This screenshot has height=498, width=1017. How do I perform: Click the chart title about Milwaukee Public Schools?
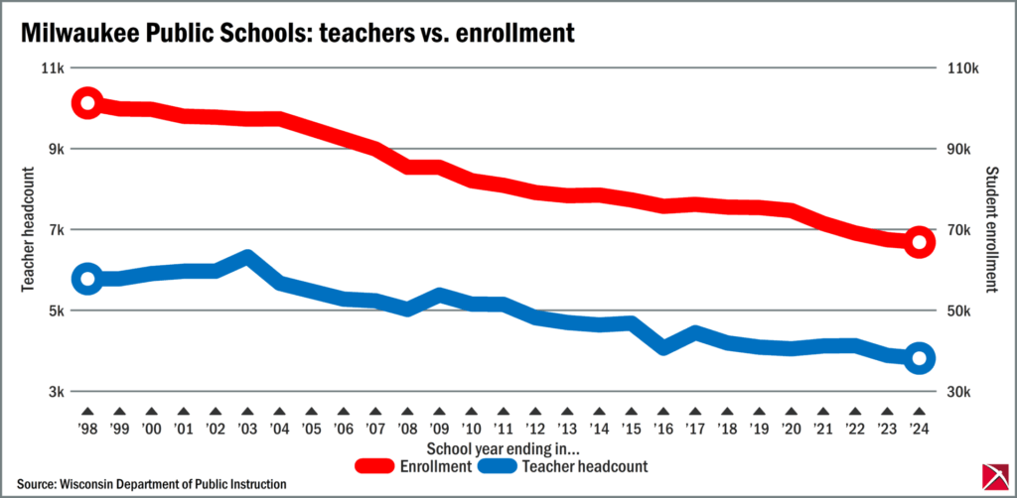coord(298,33)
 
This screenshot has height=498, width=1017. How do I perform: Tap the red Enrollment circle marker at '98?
coord(86,103)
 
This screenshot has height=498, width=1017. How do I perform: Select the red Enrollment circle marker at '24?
coord(919,242)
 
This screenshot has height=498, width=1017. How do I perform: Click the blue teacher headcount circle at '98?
coord(86,278)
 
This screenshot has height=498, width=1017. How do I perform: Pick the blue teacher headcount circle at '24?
coord(919,358)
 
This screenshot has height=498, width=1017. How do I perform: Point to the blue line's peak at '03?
coord(247,258)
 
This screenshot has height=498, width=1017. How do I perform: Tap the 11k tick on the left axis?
coord(52,68)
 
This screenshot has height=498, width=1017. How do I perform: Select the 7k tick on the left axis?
coord(55,230)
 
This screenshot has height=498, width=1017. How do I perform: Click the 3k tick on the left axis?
coord(55,392)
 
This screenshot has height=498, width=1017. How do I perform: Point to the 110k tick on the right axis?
coord(962,68)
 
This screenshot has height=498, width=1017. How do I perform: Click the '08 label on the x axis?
coord(407,431)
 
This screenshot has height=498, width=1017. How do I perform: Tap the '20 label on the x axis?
coord(792,431)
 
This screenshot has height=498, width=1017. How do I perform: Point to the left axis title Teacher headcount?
coord(29,229)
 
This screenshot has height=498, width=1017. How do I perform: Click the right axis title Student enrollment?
coord(989,229)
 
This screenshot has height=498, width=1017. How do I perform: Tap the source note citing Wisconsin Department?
coord(151,483)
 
